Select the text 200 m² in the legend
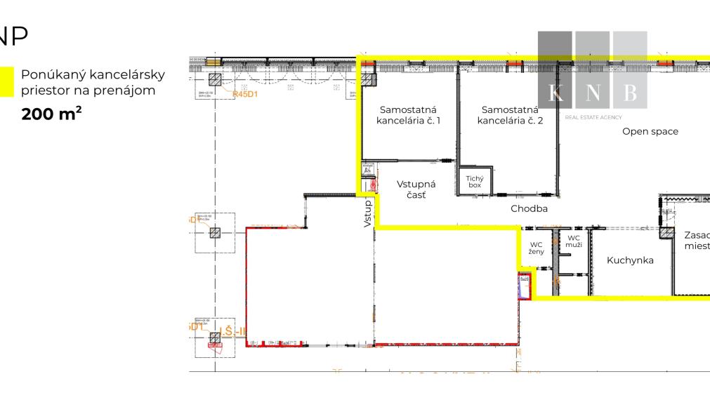(x=51, y=113)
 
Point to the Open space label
(x=650, y=131)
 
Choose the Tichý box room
(x=475, y=181)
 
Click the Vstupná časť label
(x=416, y=190)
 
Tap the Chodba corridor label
(x=529, y=208)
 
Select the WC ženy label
(x=537, y=248)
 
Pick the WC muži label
(x=572, y=242)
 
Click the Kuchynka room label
(x=630, y=260)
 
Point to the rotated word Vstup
(x=367, y=213)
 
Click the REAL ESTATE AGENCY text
(x=593, y=117)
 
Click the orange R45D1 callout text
(x=246, y=95)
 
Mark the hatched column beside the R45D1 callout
(x=216, y=79)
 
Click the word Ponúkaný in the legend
(x=50, y=74)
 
